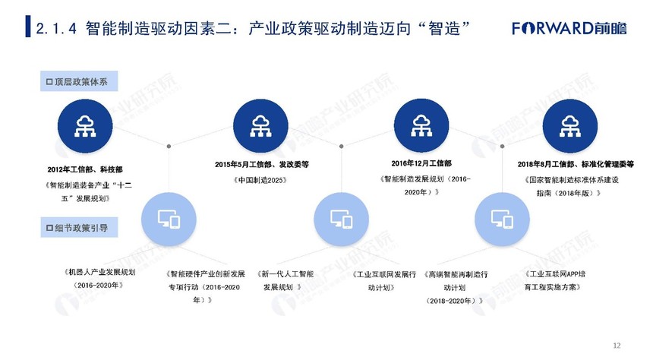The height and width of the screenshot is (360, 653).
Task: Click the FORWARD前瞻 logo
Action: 569,28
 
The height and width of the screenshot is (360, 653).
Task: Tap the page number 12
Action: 617,346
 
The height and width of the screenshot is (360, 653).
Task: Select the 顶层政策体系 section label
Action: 79,81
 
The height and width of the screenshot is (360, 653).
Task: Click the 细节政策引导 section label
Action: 79,228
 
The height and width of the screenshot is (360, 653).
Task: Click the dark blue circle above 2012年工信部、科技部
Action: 85,126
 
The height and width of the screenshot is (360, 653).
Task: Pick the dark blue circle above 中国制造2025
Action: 260,126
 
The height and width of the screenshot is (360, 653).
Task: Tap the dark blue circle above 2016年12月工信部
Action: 421,126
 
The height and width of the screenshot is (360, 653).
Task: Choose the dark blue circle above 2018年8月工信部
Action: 570,126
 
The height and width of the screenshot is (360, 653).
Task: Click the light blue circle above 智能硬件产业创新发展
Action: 169,219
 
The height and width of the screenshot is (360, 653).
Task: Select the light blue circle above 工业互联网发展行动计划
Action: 342,219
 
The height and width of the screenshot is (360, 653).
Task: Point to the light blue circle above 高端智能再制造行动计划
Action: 502,219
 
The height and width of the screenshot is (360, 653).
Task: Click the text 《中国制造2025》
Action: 260,181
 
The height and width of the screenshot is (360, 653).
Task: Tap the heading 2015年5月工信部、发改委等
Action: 262,165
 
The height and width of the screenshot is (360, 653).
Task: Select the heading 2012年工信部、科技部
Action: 85,169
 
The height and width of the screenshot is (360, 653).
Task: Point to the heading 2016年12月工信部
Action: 421,163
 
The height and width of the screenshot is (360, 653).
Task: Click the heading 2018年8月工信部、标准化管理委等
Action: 576,164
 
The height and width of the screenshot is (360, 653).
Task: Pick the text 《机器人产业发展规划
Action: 99,272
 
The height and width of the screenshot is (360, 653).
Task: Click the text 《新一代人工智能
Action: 285,274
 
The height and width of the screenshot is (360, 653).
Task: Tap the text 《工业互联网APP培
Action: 554,273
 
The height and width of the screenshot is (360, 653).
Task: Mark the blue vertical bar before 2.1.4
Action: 28,27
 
